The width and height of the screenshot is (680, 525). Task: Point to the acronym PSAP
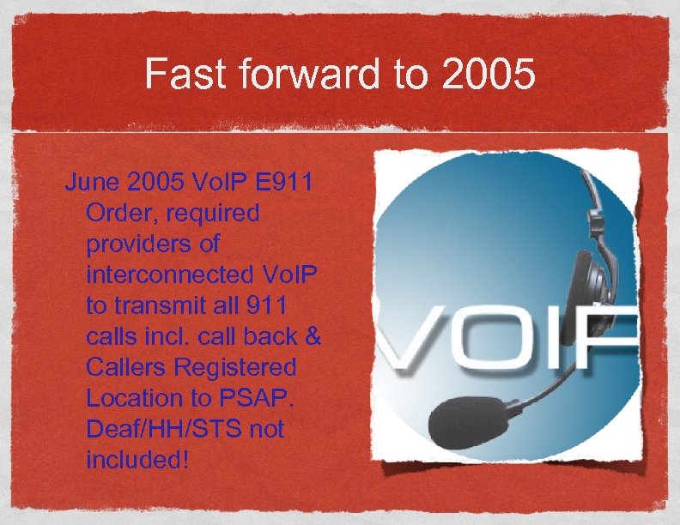click(x=258, y=398)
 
